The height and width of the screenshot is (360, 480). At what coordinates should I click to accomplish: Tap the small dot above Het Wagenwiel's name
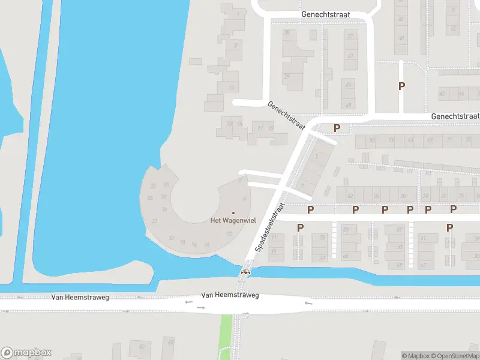pyautogui.click(x=233, y=212)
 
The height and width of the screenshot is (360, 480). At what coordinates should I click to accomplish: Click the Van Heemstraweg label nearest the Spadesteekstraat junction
pyautogui.click(x=230, y=295)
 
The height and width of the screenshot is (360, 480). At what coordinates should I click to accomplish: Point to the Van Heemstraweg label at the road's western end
pyautogui.click(x=80, y=297)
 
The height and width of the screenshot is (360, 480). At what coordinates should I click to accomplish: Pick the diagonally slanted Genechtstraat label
pyautogui.click(x=286, y=115)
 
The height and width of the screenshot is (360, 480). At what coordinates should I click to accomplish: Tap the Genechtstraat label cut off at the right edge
pyautogui.click(x=455, y=116)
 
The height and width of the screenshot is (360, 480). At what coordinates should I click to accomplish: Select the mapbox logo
pyautogui.click(x=27, y=353)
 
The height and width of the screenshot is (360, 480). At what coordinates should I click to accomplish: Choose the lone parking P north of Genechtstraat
pyautogui.click(x=401, y=86)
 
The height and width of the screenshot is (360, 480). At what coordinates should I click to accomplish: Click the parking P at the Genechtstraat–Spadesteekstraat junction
pyautogui.click(x=337, y=128)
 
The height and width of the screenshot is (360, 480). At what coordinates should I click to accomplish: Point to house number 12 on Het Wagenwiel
pyautogui.click(x=229, y=233)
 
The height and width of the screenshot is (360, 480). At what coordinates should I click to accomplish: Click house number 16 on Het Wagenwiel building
pyautogui.click(x=194, y=245)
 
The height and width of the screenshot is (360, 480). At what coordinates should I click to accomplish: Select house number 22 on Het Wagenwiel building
pyautogui.click(x=155, y=221)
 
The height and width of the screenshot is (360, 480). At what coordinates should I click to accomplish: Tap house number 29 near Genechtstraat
pyautogui.click(x=287, y=76)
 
